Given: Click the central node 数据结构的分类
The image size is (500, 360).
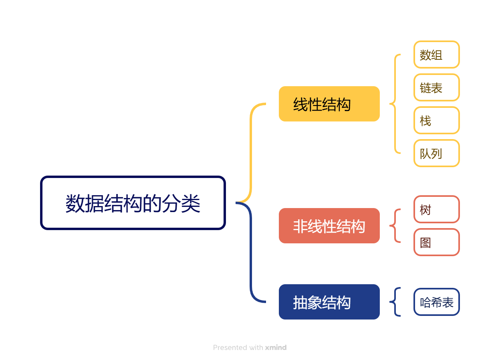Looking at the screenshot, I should coord(133,203).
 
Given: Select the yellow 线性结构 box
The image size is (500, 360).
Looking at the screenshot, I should coord(329,104).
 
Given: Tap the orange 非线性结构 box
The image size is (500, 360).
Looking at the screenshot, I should coord(329,226).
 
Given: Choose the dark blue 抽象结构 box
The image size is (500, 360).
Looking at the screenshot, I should coord(329,302).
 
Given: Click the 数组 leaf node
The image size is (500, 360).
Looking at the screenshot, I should coord(436,55).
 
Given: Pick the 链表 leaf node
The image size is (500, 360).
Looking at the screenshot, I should coord(436,87).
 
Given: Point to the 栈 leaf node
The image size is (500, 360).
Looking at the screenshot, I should coord(436,120).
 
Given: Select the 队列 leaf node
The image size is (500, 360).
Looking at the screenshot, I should coord(436,153).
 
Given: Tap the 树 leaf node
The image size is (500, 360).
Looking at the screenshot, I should coord(436,209).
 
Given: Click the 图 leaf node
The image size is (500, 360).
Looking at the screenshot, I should coord(436,242).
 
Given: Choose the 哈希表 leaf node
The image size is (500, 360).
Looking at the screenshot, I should coord(436,302).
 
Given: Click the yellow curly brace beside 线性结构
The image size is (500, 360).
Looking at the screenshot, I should coord(395,104).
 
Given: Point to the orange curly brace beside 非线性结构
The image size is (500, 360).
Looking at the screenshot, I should coord(395,226).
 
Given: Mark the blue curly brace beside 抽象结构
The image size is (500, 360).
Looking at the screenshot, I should coord(395,302).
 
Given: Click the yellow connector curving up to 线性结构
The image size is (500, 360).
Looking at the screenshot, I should coord(251,152).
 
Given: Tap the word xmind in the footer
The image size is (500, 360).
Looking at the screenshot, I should coord(276,348).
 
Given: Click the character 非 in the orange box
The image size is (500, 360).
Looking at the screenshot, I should coord(300,227).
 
